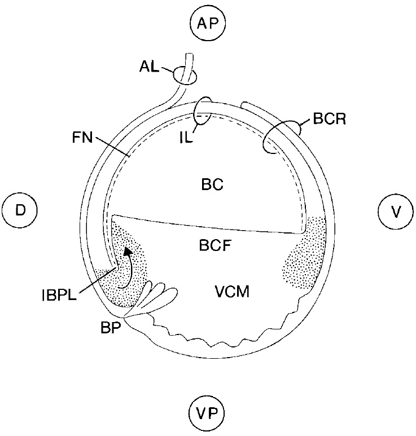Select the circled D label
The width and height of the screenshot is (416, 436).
[20, 210]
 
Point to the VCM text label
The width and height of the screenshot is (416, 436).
[232, 292]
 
